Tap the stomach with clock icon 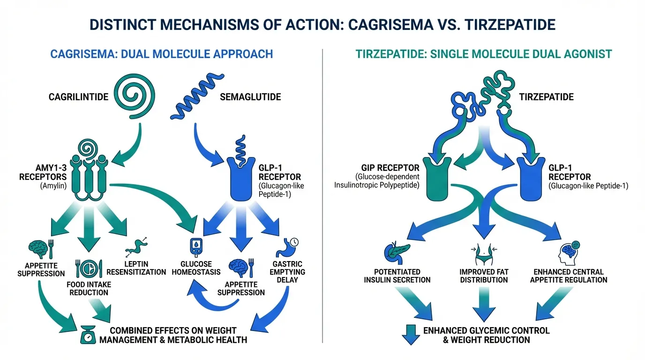point(289,247)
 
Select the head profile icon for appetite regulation point(566,253)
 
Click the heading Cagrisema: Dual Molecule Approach point(161,54)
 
